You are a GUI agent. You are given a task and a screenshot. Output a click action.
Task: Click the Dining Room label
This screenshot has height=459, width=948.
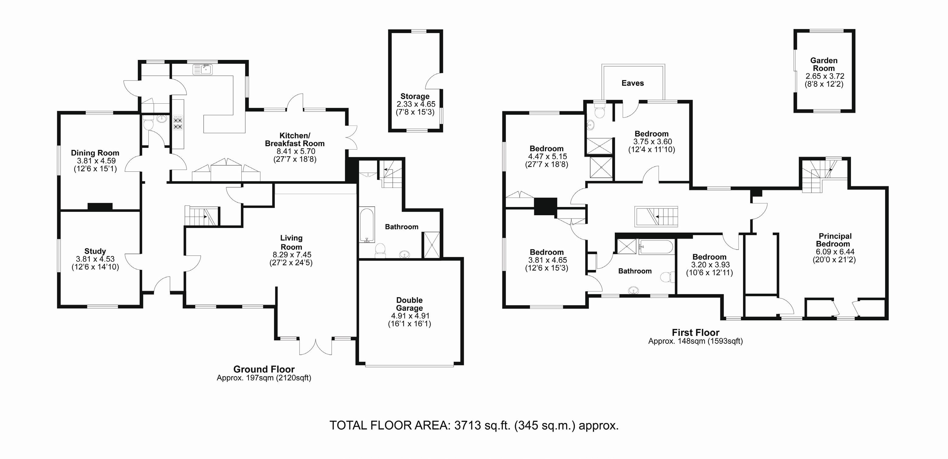point(95,153)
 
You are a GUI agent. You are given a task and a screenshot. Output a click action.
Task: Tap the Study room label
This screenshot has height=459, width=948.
point(95,251)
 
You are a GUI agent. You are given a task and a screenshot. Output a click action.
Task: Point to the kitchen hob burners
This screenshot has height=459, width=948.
point(178,123)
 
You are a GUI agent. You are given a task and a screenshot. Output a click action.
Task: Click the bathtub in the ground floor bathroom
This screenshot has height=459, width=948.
point(367,225)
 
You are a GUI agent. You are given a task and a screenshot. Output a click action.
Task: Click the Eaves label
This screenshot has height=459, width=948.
point(633,83)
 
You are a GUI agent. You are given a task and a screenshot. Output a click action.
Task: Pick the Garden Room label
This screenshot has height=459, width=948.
point(824,64)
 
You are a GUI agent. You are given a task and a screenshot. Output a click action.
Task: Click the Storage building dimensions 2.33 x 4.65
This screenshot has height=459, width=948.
point(415,104)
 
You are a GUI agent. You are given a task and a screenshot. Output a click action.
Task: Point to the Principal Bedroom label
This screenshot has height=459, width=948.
point(835,240)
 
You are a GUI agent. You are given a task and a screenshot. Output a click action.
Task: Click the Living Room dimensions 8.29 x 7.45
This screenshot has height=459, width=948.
point(292,254)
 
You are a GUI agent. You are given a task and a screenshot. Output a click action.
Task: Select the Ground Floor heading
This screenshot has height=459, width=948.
point(264,369)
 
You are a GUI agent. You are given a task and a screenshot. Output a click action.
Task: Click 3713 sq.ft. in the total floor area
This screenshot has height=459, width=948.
point(482,426)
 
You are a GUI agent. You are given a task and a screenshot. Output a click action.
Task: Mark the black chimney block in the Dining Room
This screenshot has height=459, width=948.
point(100,207)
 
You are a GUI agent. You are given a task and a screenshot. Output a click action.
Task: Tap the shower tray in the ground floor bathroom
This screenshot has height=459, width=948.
point(432,245)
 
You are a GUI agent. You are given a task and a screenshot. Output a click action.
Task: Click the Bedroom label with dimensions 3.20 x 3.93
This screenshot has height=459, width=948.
point(709,257)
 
